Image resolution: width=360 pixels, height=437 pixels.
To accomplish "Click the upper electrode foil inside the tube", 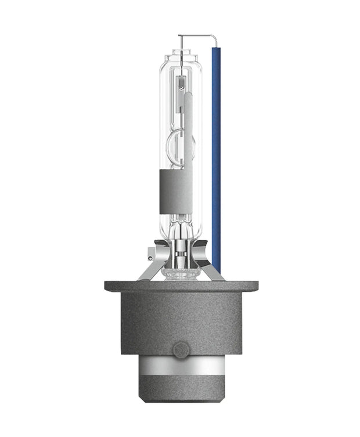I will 181,84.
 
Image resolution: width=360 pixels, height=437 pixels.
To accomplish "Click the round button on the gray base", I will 180,350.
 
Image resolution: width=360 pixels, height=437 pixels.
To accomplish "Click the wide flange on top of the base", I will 180,286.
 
